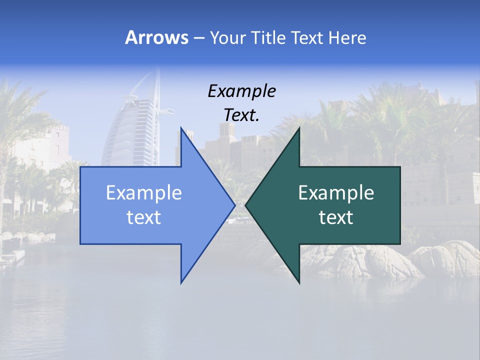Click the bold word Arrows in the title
[x=156, y=37]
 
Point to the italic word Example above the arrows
[x=241, y=91]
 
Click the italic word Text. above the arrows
[x=241, y=115]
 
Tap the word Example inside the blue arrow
[x=144, y=192]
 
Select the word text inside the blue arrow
[x=144, y=217]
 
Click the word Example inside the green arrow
[x=336, y=192]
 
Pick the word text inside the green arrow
[x=336, y=217]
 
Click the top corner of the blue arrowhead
[x=181, y=128]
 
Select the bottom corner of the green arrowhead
[x=299, y=282]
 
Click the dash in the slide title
[x=198, y=38]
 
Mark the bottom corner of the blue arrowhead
[x=181, y=282]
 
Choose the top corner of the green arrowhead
[x=299, y=128]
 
